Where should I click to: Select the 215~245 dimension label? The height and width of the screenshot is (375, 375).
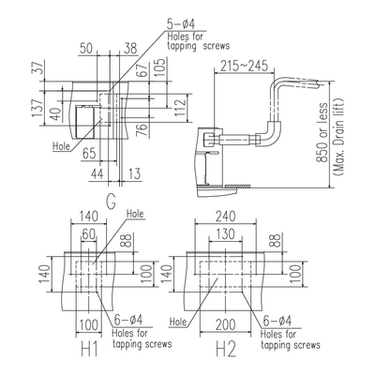[x=244, y=66]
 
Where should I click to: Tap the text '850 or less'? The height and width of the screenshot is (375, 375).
[x=322, y=132]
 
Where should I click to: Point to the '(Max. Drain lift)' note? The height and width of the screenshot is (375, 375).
[x=338, y=137]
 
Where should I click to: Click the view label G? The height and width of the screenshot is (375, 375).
[x=111, y=202]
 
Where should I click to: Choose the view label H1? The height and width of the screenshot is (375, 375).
[x=90, y=349]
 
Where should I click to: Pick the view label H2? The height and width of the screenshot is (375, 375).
[x=226, y=349]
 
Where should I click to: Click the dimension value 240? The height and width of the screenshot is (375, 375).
[x=226, y=216]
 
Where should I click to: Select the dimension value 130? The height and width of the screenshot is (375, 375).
[x=225, y=234]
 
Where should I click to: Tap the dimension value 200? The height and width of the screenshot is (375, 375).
[x=225, y=324]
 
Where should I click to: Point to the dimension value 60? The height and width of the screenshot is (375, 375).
[x=89, y=234]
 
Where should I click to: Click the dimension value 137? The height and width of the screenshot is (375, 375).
[x=37, y=108]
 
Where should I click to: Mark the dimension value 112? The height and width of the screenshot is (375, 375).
[x=180, y=108]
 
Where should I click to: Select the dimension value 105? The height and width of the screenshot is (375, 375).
[x=159, y=67]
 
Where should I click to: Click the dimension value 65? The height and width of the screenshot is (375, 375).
[x=89, y=154]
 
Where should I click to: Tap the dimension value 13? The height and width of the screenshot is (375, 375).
[x=134, y=174]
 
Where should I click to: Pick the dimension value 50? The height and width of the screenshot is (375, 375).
[x=86, y=49]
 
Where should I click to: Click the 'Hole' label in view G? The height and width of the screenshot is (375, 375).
[x=61, y=146]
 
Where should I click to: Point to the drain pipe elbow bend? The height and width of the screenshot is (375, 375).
[x=272, y=133]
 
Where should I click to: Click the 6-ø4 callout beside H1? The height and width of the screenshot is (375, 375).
[x=128, y=321]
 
